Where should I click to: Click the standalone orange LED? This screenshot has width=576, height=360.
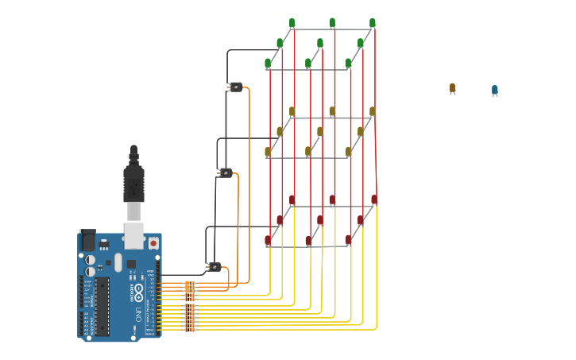tap(452, 88)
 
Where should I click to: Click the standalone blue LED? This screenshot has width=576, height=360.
tap(494, 91)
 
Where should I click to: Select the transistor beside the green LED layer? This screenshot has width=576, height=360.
tap(235, 87)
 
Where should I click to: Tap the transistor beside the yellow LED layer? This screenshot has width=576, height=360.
tap(226, 172)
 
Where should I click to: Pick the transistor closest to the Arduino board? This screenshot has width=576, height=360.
tap(214, 266)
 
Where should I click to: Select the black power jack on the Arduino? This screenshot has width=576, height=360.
tap(88, 239)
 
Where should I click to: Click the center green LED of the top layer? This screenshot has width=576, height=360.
tap(320, 43)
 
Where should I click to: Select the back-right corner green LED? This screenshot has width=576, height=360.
tap(372, 23)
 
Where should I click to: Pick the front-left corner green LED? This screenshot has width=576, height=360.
tap(268, 63)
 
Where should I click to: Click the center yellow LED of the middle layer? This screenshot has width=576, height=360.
tap(320, 131)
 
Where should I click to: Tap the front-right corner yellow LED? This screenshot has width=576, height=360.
tap(348, 151)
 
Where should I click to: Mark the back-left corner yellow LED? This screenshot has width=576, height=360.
tap(292, 111)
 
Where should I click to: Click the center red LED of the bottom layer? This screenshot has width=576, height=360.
tap(320, 220)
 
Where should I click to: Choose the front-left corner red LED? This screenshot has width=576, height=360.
tap(268, 239)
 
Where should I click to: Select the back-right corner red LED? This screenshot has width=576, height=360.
tap(373, 199)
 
